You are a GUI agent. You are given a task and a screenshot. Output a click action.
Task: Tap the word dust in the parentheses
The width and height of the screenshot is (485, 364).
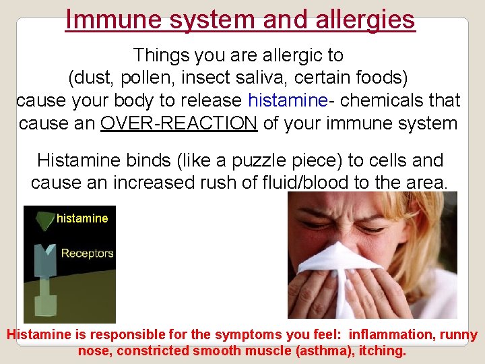tap(94, 78)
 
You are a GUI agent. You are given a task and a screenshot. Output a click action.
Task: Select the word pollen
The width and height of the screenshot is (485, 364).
tap(149, 78)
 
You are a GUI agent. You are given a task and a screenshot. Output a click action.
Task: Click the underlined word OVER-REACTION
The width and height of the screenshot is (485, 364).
tap(179, 124)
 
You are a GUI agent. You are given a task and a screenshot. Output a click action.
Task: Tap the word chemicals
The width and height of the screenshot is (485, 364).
tap(380, 101)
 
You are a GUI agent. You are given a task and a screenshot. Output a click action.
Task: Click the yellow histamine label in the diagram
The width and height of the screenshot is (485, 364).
tap(82, 218)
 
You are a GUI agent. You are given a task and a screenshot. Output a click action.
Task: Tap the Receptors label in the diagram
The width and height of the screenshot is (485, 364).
tap(88, 253)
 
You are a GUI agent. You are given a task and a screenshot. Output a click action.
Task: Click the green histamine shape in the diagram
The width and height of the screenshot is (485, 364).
tap(45, 219)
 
